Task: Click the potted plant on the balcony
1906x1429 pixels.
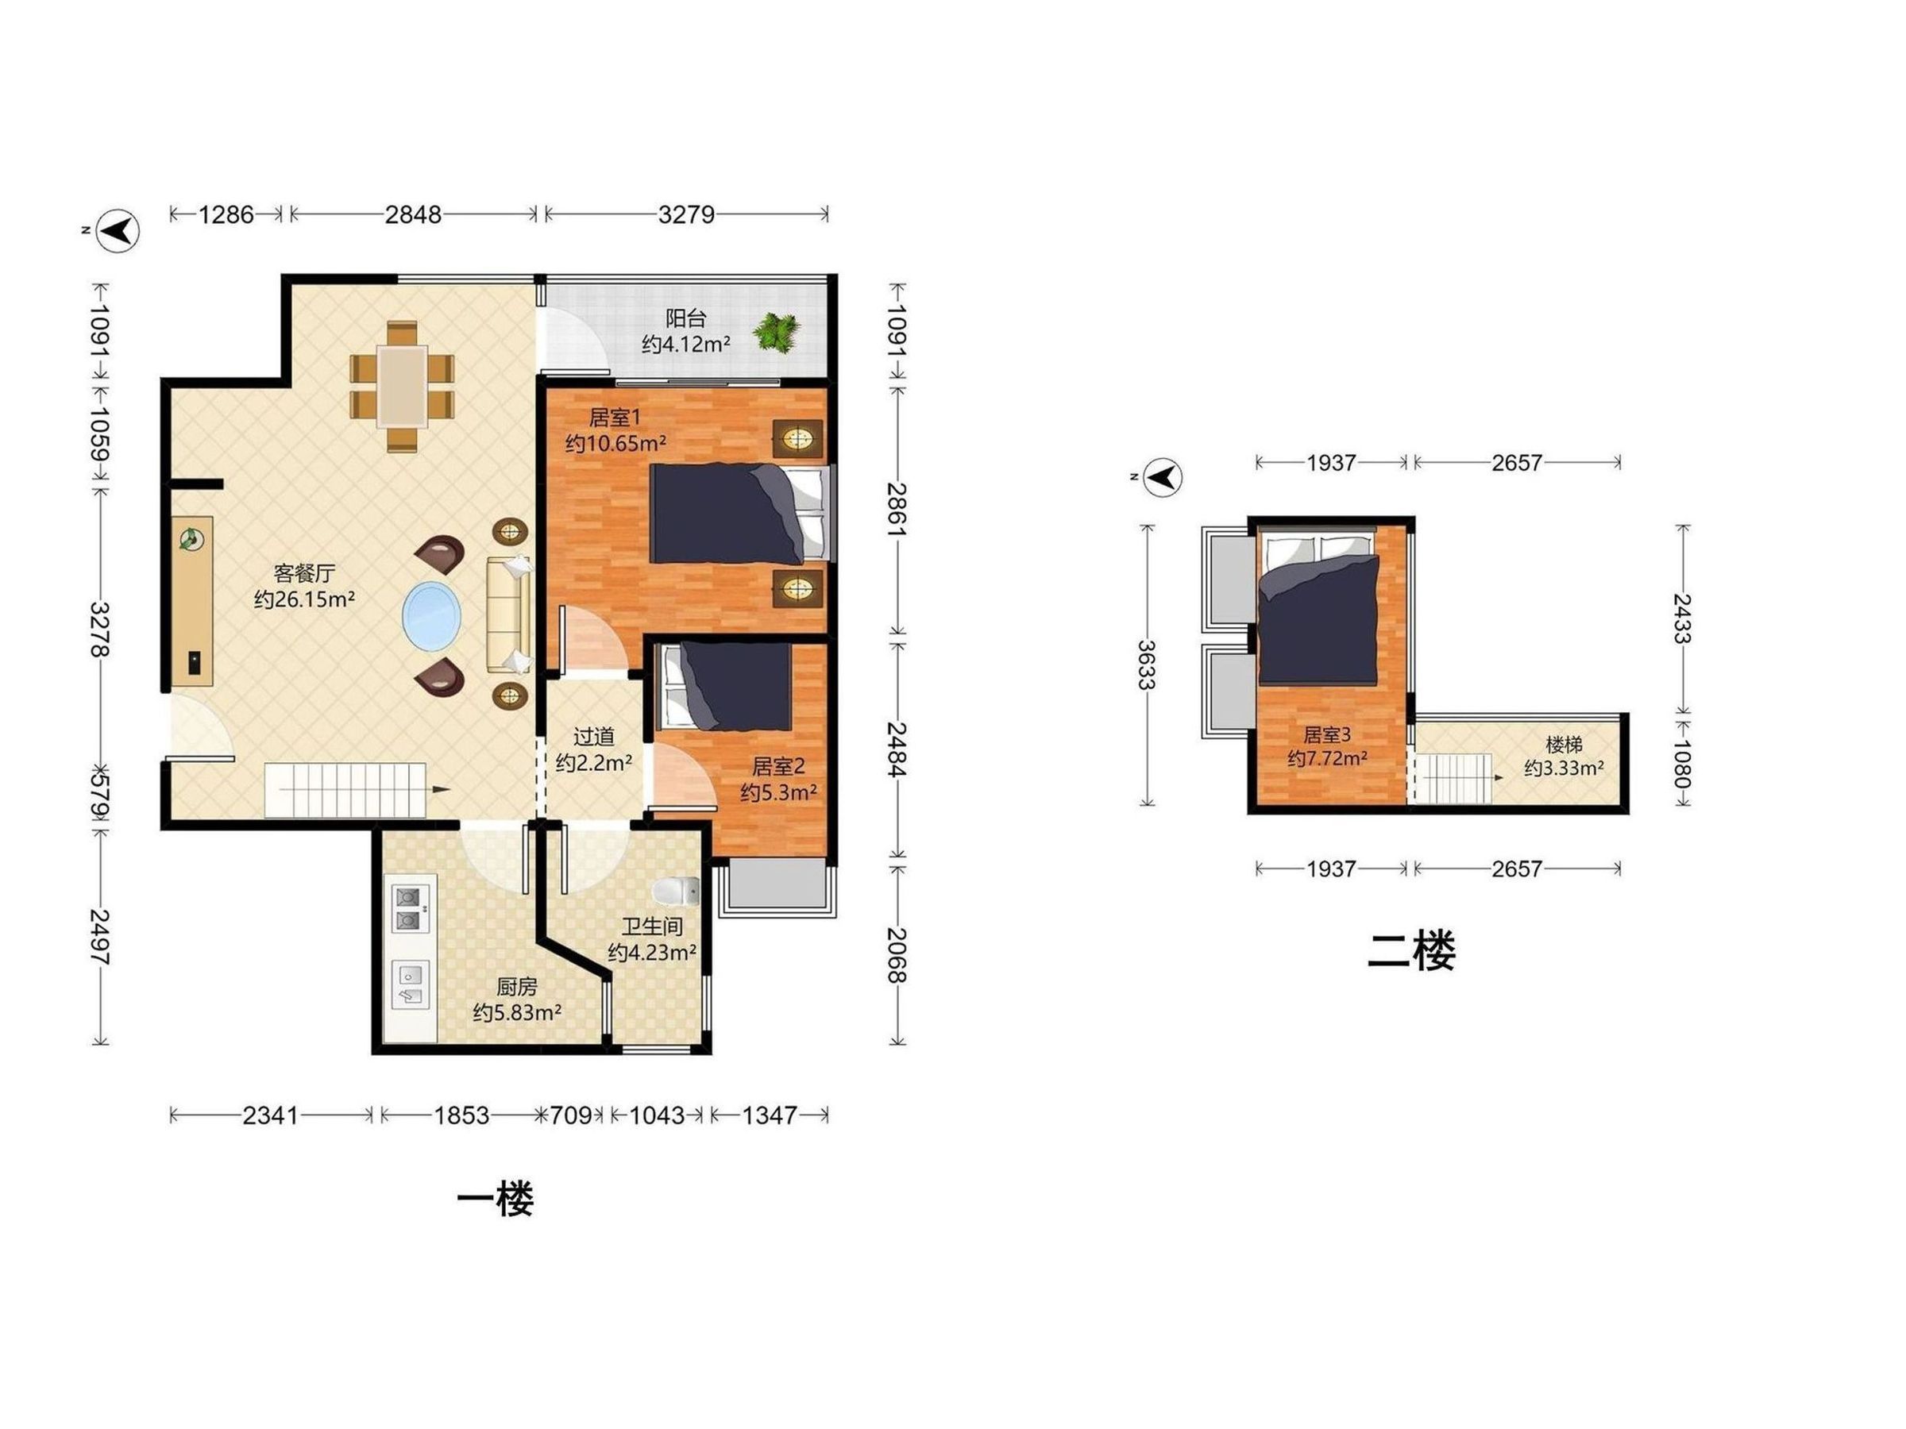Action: [x=777, y=332]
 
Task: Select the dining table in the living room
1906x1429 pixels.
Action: [x=402, y=387]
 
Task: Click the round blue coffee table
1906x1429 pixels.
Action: [x=430, y=617]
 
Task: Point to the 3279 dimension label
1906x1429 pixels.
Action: [x=686, y=214]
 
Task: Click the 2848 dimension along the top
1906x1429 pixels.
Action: [x=413, y=214]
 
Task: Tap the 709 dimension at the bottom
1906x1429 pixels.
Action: [x=570, y=1115]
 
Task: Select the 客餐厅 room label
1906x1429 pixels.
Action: [x=304, y=573]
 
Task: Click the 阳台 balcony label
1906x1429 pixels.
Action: [x=686, y=318]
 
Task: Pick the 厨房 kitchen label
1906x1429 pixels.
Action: [x=517, y=987]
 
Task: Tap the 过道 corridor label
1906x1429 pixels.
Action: [x=594, y=737]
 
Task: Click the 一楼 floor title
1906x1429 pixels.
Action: [x=496, y=1200]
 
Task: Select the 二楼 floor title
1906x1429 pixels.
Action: [x=1411, y=952]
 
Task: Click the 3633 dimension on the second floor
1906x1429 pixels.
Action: [x=1146, y=665]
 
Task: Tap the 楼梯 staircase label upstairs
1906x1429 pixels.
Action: [x=1564, y=743]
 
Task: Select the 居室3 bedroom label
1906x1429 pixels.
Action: [x=1327, y=734]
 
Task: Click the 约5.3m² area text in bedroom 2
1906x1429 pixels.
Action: [x=779, y=792]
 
